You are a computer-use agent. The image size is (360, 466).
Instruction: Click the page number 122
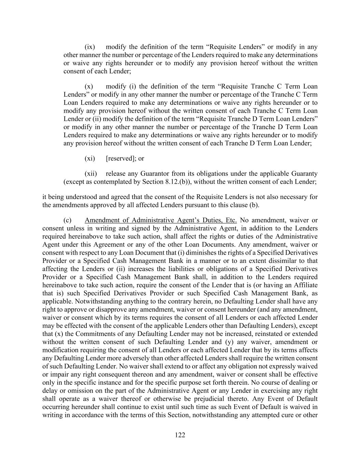pyautogui.click(x=180, y=435)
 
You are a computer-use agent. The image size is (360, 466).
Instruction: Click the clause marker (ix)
pyautogui.click(x=90, y=47)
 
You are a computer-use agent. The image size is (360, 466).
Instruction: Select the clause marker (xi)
pyautogui.click(x=90, y=158)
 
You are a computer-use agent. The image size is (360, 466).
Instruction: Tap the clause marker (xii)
pyautogui.click(x=91, y=173)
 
